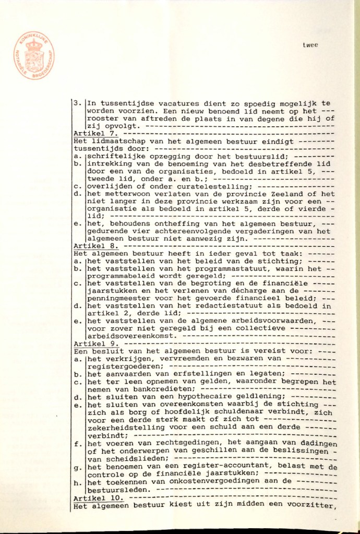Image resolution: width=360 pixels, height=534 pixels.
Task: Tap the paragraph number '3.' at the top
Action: point(77,103)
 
